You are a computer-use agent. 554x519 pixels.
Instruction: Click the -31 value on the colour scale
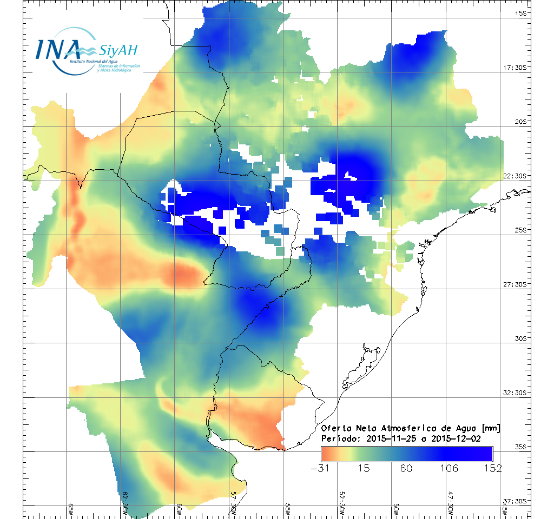click(321, 468)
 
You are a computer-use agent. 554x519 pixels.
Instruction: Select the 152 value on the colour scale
click(492, 468)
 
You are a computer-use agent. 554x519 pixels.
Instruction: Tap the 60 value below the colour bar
click(407, 468)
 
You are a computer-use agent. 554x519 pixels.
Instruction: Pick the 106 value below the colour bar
click(450, 468)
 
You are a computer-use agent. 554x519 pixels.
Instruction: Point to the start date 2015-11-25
click(388, 438)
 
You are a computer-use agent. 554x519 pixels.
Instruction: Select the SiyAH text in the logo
click(118, 50)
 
